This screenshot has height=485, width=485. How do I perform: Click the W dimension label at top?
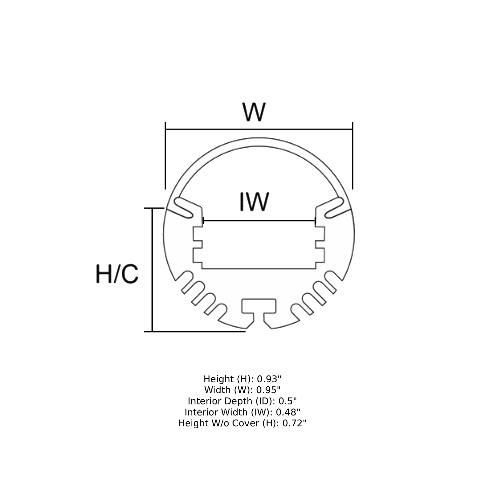coord(254,112)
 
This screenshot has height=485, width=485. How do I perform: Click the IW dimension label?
coord(254,202)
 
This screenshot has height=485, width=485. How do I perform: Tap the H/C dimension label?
coord(117,274)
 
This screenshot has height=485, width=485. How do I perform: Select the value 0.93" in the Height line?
coord(269,379)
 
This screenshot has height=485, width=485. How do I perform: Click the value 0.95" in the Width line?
coord(268,390)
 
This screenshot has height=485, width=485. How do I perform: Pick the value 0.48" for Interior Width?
coord(288,412)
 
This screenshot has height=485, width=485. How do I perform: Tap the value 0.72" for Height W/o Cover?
coord(294,423)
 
